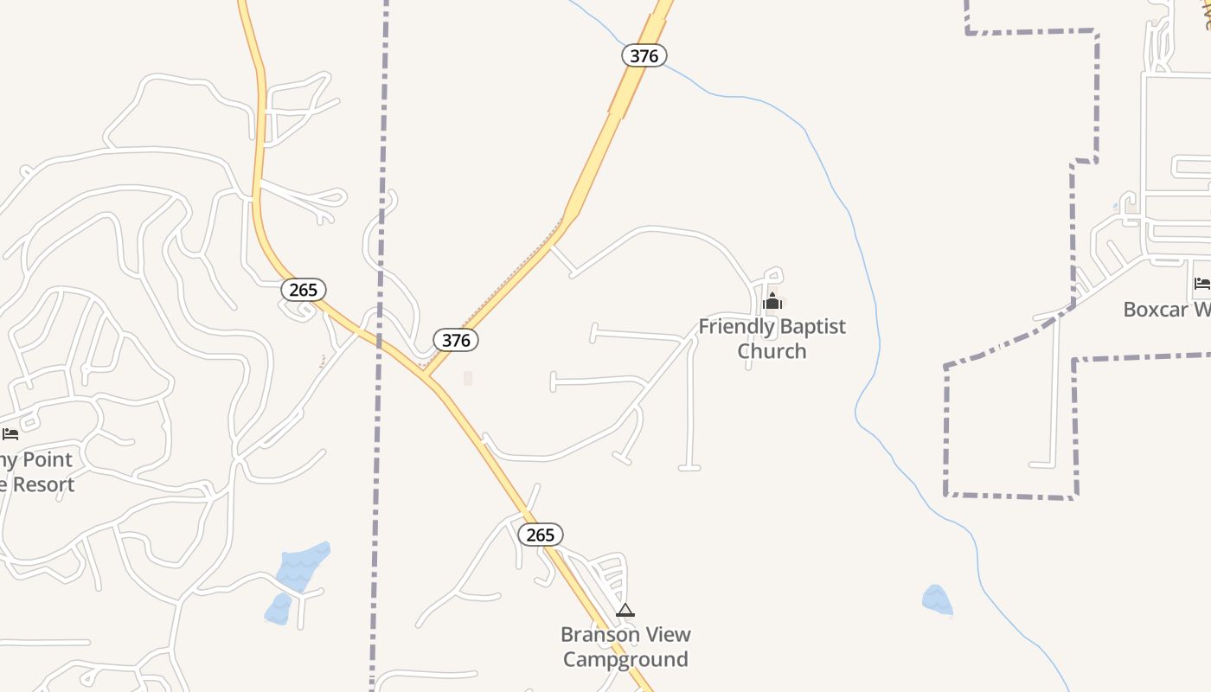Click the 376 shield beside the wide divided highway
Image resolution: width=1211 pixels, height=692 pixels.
click(644, 56)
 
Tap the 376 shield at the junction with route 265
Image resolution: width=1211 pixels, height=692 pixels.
click(456, 340)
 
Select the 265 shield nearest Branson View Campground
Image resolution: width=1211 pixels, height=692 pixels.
click(541, 535)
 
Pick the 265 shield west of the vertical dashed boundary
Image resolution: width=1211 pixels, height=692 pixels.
click(304, 290)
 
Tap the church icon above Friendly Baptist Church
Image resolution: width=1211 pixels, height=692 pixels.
click(772, 301)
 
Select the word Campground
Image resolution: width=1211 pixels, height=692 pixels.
click(625, 659)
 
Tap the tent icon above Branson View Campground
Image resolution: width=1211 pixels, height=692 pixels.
click(625, 611)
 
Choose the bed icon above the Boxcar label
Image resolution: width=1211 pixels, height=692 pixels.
click(1201, 283)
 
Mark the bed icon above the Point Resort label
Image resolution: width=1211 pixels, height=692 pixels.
click(10, 433)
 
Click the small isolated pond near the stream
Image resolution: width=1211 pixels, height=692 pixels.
click(937, 599)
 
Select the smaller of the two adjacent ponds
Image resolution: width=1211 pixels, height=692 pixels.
click(277, 609)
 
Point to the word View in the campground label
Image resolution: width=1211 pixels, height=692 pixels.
click(669, 635)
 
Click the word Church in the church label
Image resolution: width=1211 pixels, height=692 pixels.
click(772, 351)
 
